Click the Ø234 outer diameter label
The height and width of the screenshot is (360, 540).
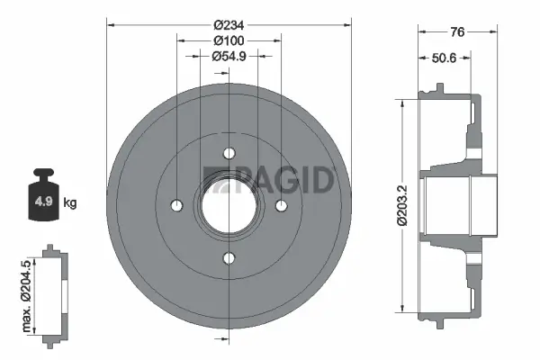point(228,25)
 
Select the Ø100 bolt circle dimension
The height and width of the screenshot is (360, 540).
point(228,40)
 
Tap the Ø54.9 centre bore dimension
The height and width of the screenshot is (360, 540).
point(228,57)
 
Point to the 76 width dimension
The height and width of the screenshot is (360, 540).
point(457,33)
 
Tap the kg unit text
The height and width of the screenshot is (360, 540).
point(70,202)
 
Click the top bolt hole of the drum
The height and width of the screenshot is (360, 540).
point(229,153)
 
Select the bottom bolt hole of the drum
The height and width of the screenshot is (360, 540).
point(229,259)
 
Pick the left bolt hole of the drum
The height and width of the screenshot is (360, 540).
point(175,206)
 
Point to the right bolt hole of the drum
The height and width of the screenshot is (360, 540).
point(282,206)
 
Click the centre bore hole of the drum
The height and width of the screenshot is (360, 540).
point(229,206)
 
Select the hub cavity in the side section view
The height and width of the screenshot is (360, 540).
point(445,204)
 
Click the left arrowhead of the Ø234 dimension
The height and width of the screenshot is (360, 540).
point(110,25)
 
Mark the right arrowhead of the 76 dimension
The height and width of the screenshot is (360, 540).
point(494,33)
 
